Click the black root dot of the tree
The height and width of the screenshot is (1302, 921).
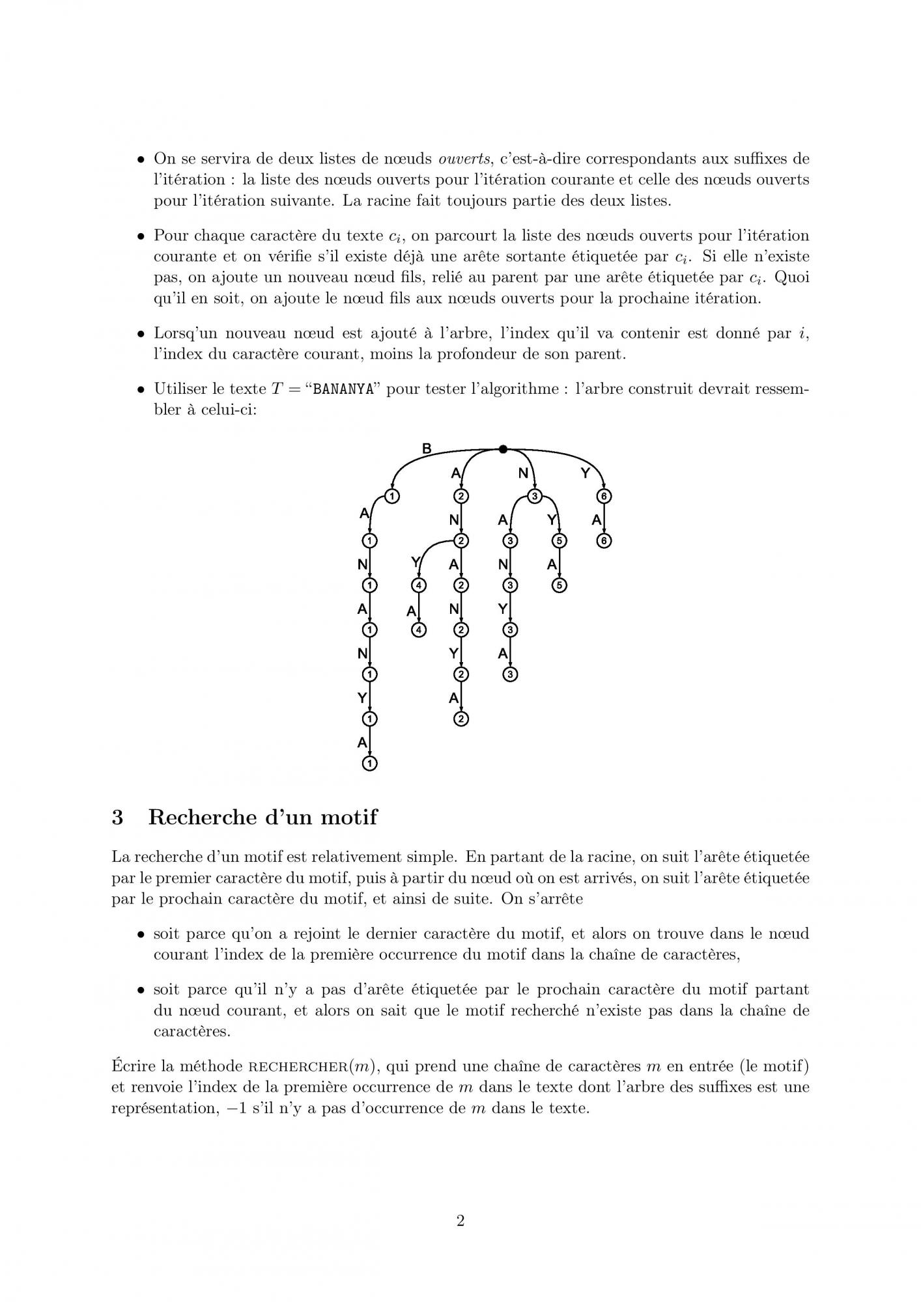(x=503, y=449)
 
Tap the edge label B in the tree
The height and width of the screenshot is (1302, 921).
(x=427, y=449)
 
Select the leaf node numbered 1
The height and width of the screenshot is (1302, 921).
(x=369, y=764)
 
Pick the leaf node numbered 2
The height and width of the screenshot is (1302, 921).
(x=461, y=719)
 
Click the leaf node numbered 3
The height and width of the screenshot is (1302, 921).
(x=511, y=674)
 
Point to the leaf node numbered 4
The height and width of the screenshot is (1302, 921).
(x=419, y=630)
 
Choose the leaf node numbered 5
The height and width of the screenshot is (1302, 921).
(x=558, y=585)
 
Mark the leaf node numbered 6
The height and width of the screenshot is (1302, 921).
(x=605, y=541)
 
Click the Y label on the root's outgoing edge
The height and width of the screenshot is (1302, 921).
(x=585, y=473)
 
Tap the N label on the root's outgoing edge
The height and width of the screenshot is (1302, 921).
(x=523, y=473)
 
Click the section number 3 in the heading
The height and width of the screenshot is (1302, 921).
(x=117, y=817)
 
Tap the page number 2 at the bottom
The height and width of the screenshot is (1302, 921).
(x=460, y=1221)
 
